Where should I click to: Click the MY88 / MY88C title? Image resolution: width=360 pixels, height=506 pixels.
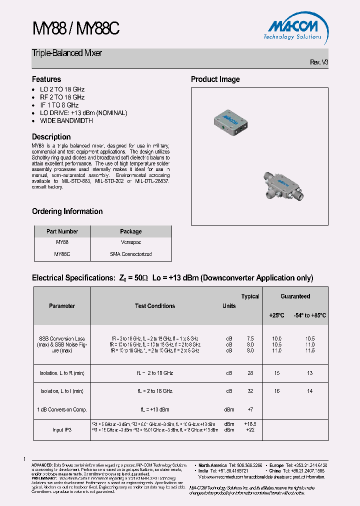(x=75, y=29)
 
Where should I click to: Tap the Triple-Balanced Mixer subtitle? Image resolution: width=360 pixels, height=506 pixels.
(x=67, y=53)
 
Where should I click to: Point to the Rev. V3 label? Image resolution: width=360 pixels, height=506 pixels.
(x=319, y=62)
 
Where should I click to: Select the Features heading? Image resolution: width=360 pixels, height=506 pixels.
(x=46, y=79)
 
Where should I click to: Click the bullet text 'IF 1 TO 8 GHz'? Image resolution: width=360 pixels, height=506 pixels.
(x=59, y=105)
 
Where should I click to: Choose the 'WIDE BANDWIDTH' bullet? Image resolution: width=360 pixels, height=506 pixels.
(x=66, y=120)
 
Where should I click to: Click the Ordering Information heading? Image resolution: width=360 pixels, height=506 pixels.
(x=67, y=211)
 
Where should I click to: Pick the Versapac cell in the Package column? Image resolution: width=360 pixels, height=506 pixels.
(x=130, y=242)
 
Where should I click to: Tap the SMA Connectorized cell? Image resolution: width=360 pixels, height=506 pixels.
(x=130, y=254)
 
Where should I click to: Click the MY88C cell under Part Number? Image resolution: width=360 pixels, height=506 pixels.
(x=62, y=254)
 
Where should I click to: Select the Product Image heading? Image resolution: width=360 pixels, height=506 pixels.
(x=215, y=79)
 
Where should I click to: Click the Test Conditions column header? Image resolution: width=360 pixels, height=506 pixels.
(x=155, y=306)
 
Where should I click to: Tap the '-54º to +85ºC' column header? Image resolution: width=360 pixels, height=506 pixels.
(x=309, y=315)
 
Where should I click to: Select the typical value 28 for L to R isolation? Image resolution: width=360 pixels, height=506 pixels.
(x=250, y=373)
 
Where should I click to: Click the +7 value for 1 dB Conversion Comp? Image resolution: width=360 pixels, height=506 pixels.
(x=250, y=409)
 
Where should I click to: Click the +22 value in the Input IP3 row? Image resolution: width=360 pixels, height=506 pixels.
(x=250, y=429)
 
